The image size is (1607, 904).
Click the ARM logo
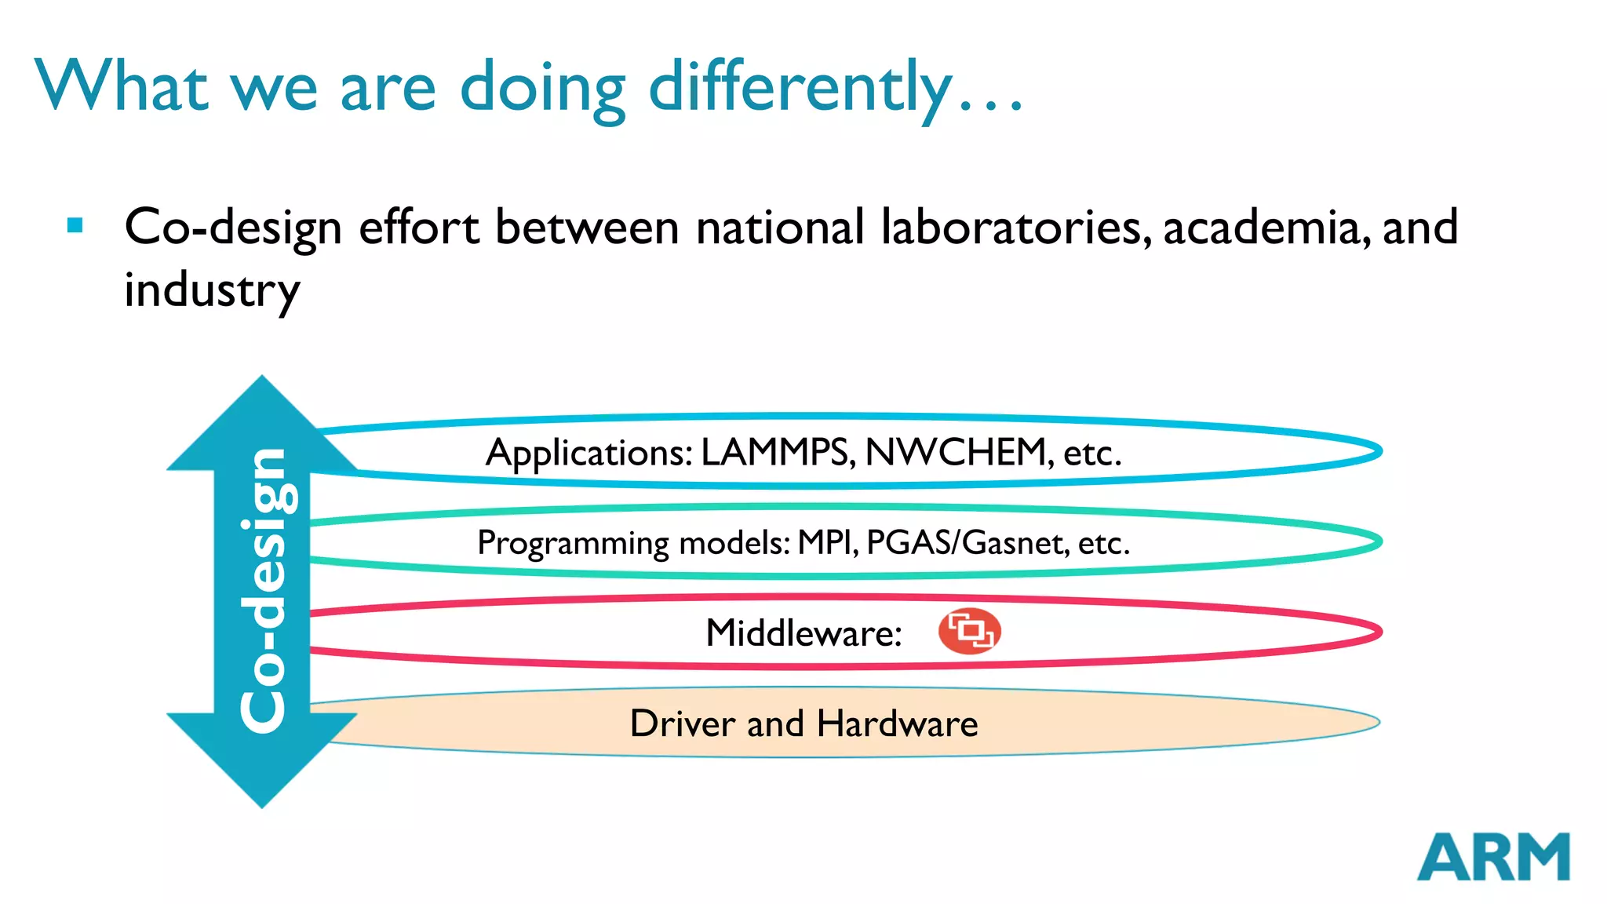(x=1492, y=857)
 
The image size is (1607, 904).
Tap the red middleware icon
(x=970, y=631)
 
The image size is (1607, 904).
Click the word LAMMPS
(x=777, y=453)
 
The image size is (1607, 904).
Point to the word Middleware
(x=803, y=632)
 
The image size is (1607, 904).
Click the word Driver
(x=682, y=723)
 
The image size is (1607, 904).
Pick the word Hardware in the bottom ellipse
(x=898, y=723)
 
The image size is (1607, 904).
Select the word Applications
(x=589, y=454)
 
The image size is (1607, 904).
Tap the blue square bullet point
(x=75, y=227)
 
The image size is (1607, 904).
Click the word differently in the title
(x=800, y=88)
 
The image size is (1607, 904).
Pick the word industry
(x=212, y=290)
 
